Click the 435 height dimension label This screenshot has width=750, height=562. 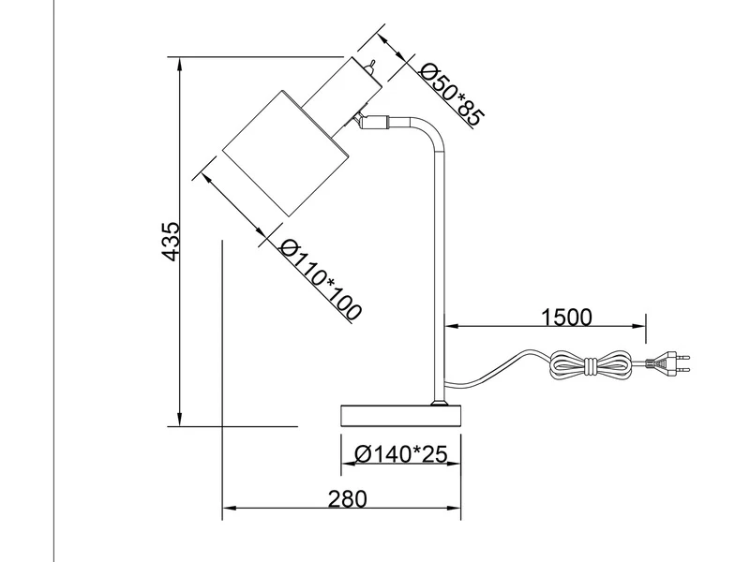pyautogui.click(x=169, y=242)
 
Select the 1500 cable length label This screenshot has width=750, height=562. pyautogui.click(x=566, y=316)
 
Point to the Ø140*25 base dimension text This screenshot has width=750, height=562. pyautogui.click(x=400, y=454)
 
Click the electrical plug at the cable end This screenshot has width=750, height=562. pyautogui.click(x=670, y=362)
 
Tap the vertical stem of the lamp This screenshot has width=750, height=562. pyautogui.click(x=442, y=281)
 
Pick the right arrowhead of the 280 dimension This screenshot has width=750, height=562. pyautogui.click(x=457, y=511)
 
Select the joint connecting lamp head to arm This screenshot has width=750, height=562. pyautogui.click(x=374, y=120)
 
